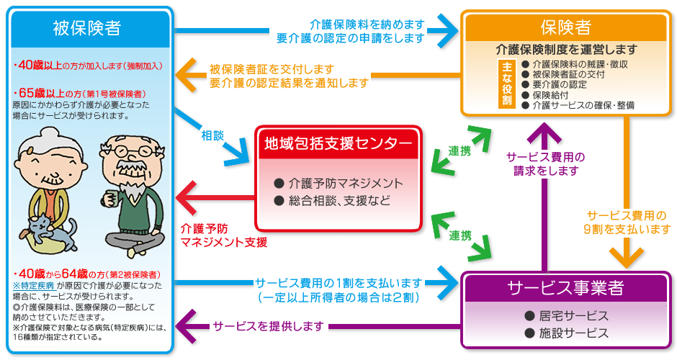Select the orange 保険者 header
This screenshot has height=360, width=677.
pos(565,27)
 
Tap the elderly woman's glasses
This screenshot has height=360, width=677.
pos(49,161)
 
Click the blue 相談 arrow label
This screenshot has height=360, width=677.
pos(213,134)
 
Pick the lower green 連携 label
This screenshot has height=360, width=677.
pos(460,235)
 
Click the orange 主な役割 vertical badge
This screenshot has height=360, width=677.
pos(506,85)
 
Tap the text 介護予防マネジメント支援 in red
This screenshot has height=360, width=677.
pos(224,235)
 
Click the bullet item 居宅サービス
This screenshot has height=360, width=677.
pos(566,316)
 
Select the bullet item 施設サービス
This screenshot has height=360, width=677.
pos(566,333)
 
